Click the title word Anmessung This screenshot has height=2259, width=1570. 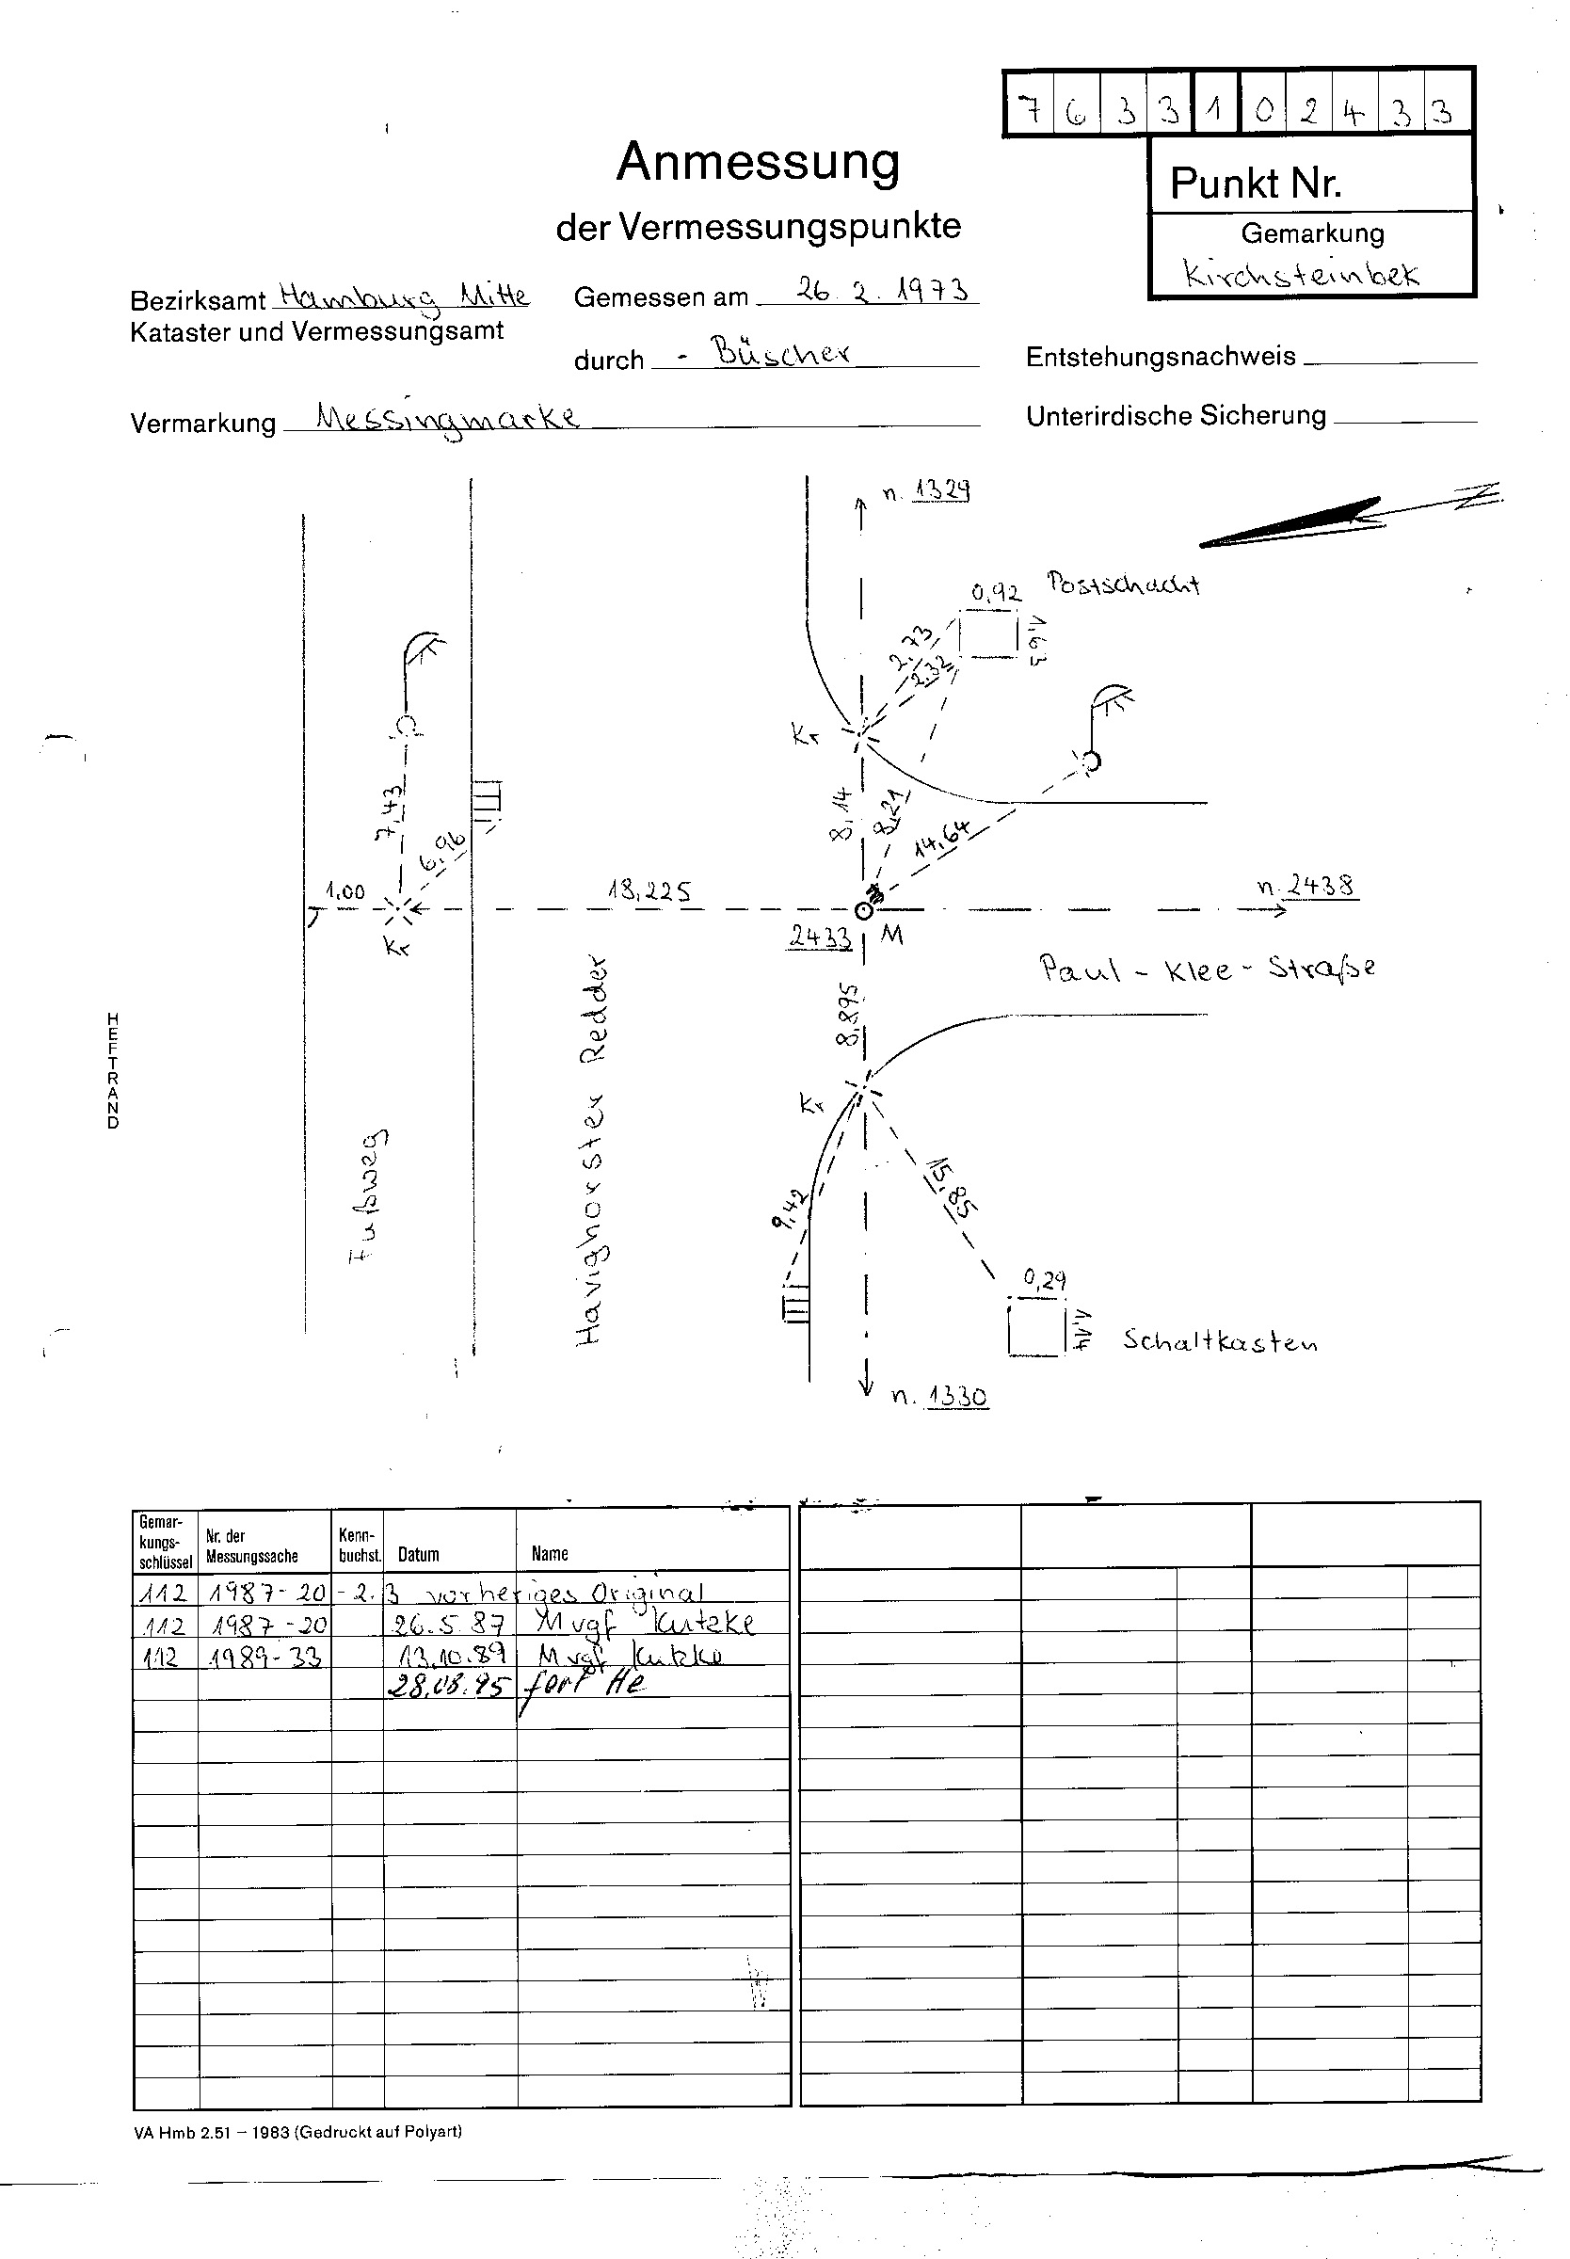758,162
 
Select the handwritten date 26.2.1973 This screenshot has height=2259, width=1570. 881,290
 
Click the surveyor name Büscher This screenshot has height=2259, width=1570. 782,353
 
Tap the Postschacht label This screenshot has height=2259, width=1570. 1122,584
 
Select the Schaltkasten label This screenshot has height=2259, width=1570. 1220,1341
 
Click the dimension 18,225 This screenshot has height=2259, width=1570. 649,891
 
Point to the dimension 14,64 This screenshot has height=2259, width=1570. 941,838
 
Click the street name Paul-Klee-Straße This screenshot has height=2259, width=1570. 1207,969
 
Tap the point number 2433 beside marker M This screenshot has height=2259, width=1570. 819,937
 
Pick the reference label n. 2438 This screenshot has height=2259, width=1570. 1306,886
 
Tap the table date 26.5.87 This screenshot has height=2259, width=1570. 449,1624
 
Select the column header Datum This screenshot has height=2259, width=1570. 418,1555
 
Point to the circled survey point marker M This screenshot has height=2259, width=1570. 864,912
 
